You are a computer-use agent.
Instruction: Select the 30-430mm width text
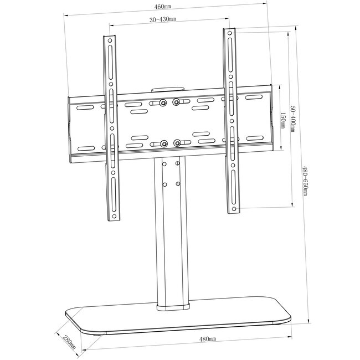coord(162,19)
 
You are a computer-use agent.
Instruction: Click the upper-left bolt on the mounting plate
coord(163,102)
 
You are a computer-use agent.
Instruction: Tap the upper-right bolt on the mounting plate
coord(176,102)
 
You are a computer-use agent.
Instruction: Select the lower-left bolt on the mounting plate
coord(164,143)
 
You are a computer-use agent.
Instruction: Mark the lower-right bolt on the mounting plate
coord(177,143)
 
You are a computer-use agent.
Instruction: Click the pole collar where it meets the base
coord(174,306)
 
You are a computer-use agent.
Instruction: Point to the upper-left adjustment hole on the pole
coord(164,164)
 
